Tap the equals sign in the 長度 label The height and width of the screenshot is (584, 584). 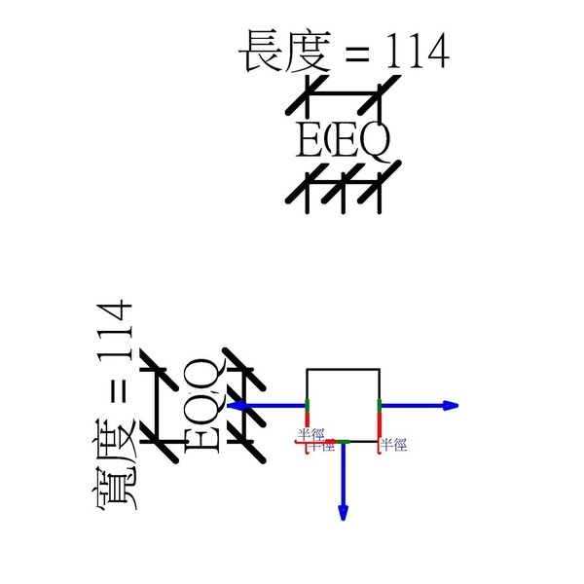pos(357,55)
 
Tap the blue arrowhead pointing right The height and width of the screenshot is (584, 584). pos(450,405)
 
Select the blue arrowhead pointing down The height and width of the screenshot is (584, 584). pos(343,512)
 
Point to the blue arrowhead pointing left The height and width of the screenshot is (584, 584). pos(235,405)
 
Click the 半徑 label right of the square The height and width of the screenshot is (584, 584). pos(393,444)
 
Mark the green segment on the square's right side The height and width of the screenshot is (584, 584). pos(379,405)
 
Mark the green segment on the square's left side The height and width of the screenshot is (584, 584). pos(308,405)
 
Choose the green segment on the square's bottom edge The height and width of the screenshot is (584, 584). pos(343,442)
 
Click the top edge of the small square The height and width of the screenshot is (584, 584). pos(343,369)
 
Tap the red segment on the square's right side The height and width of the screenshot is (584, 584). pos(379,426)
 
